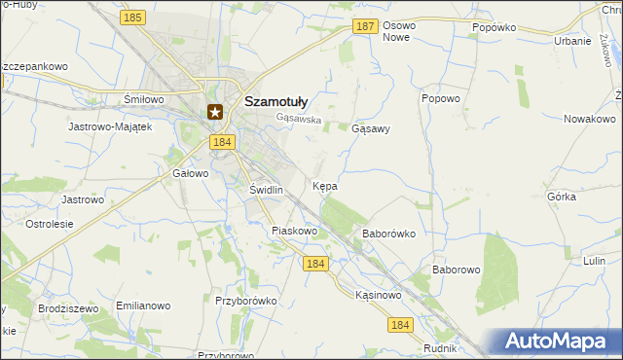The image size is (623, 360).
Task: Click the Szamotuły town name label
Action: point(275,100)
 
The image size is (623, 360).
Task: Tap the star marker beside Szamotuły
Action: point(215,112)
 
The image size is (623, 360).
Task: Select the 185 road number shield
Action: point(134,18)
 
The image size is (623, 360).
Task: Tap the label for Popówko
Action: point(494,28)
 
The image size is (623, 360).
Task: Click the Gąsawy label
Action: point(371,128)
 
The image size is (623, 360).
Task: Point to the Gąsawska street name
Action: point(298,120)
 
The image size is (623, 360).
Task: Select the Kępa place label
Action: point(325,185)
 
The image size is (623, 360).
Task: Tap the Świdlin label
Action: point(266,190)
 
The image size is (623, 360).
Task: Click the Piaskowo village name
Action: point(295,232)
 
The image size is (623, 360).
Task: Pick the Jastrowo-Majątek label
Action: point(110,127)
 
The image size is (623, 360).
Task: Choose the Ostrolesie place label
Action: point(50,224)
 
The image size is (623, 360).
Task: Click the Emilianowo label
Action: point(137,306)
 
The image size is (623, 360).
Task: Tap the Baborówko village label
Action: point(389,234)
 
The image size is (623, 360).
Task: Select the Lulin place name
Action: point(594,261)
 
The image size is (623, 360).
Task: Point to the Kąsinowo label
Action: point(378,295)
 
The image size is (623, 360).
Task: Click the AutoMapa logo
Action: point(561,342)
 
